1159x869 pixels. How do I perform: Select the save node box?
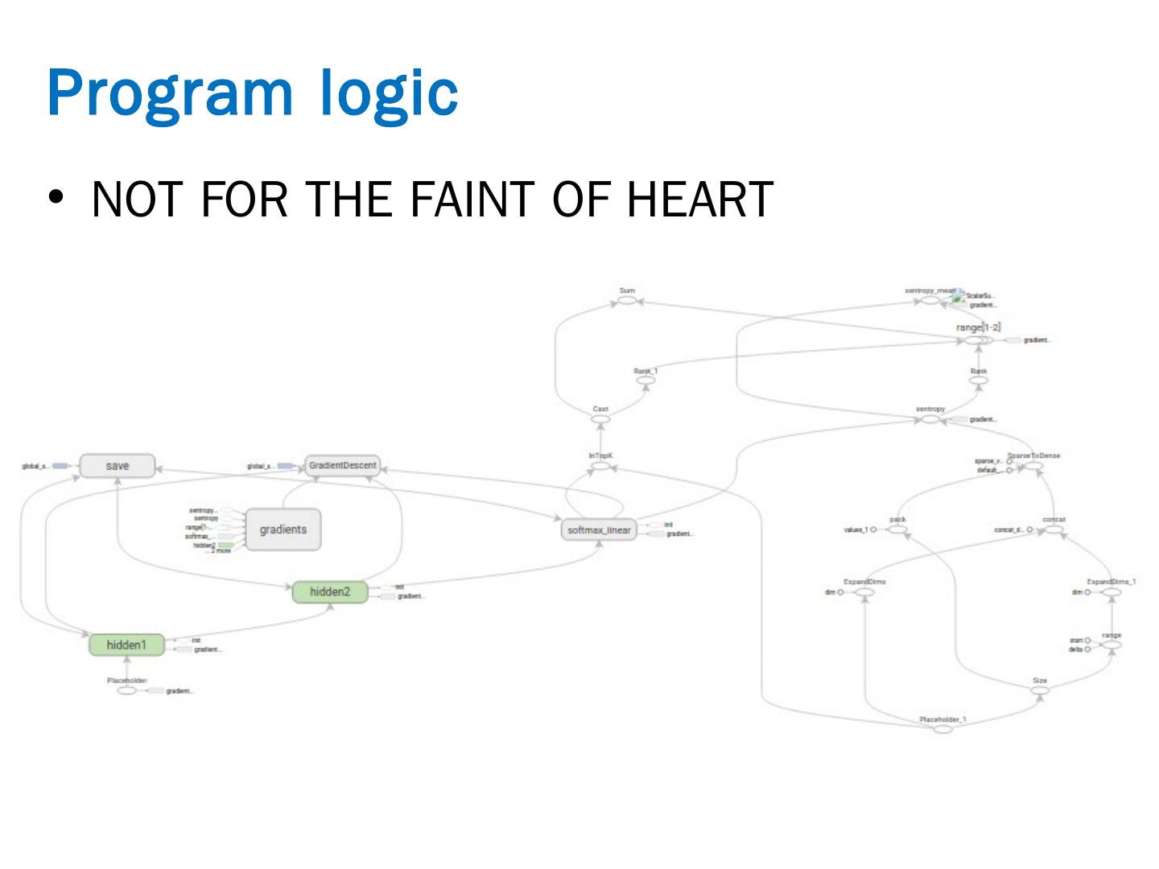118,466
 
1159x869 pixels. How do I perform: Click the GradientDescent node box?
342,466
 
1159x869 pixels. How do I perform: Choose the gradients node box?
283,529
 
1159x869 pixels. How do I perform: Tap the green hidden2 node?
330,592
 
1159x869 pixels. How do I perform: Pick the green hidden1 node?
126,645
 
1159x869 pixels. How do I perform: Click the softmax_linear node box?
599,530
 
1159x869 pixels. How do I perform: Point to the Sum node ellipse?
627,301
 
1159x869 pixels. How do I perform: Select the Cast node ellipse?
600,419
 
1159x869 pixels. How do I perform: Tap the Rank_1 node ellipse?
645,380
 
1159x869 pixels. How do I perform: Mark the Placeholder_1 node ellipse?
942,729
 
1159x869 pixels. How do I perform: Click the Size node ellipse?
1040,690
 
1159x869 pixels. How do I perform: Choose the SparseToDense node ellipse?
1033,466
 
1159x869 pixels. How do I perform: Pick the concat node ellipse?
1054,529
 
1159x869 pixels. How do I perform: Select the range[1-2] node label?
977,328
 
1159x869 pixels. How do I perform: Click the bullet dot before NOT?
56,199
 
